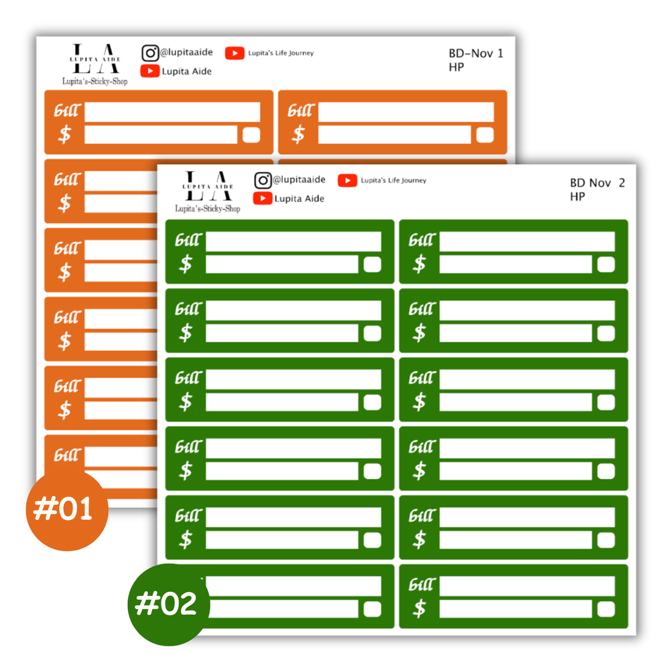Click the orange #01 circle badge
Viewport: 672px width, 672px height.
coord(67,509)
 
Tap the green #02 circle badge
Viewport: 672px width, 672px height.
coord(169,604)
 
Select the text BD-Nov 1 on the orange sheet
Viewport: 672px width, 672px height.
coord(476,54)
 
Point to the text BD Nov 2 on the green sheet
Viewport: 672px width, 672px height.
coord(597,183)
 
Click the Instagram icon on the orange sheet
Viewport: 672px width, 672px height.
coord(150,53)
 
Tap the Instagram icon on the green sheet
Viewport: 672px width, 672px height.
coord(262,180)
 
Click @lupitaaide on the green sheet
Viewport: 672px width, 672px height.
coord(299,180)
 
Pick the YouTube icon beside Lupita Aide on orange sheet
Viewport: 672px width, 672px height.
coord(150,71)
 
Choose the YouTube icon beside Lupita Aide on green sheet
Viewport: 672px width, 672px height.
coord(262,198)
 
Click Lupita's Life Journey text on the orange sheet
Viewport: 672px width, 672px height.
coord(281,53)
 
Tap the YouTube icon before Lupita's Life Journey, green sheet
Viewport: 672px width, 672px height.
coord(347,180)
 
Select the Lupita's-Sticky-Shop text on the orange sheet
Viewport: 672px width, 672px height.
coord(94,81)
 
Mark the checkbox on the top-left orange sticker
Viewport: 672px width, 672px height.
coord(251,135)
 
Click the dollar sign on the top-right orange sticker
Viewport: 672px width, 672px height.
coord(299,134)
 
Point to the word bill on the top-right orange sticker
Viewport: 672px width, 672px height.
coord(301,110)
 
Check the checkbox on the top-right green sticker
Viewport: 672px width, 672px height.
coord(606,264)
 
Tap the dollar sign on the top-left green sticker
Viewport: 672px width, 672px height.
coord(186,264)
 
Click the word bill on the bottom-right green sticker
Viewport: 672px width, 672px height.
coord(422,585)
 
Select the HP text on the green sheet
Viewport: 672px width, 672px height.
coord(577,197)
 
